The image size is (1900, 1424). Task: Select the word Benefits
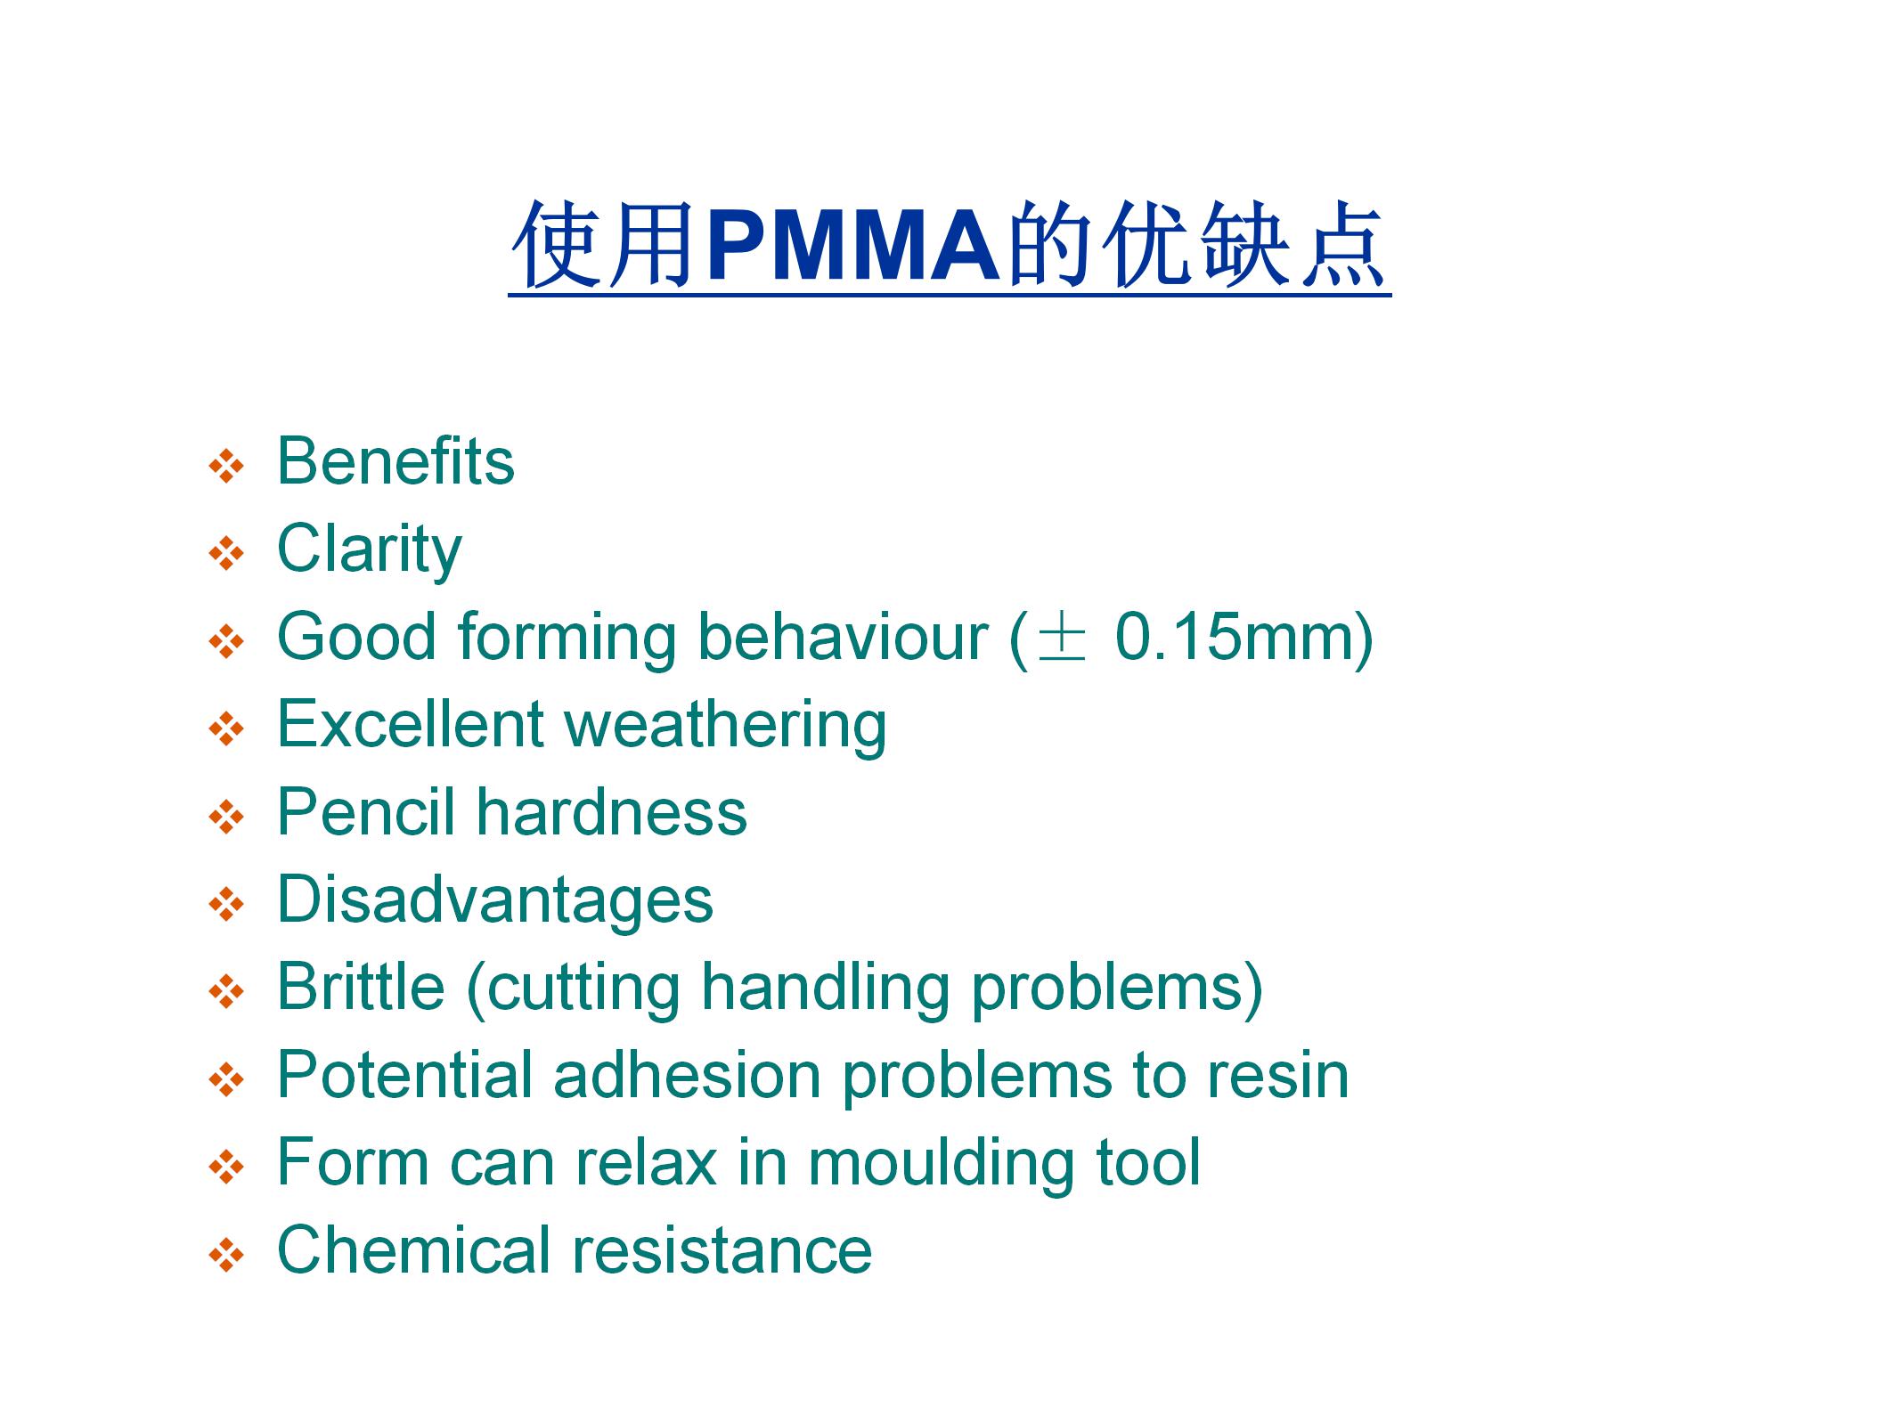[x=395, y=461]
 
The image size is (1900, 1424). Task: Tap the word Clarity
[x=370, y=549]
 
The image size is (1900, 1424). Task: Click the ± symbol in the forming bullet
[x=1062, y=638]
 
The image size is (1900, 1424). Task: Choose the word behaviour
[x=843, y=637]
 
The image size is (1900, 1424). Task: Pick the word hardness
[x=611, y=811]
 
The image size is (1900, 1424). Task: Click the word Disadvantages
[x=495, y=900]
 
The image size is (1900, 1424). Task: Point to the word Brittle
[x=361, y=987]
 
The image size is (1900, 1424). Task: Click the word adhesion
[x=687, y=1075]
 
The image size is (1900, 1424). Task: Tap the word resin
[x=1277, y=1075]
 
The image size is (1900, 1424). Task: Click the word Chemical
[x=413, y=1249]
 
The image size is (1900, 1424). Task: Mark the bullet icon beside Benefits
[x=226, y=466]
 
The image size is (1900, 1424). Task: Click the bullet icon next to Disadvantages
[x=226, y=904]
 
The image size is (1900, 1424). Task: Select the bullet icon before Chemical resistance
[x=226, y=1255]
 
